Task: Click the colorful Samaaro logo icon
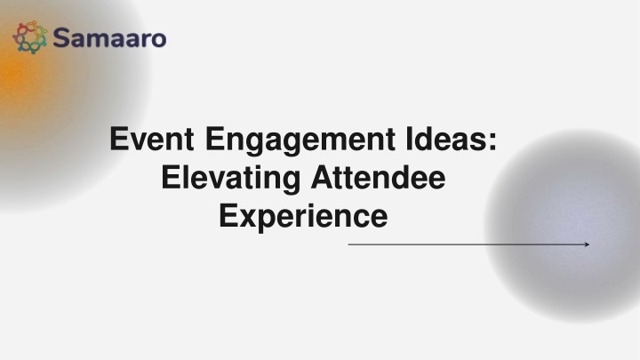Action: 30,37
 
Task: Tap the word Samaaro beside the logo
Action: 109,38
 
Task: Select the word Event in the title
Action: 151,139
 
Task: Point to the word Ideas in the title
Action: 446,139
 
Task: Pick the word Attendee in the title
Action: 379,177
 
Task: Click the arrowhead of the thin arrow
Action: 587,244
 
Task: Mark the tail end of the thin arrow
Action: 348,244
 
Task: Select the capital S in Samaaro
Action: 61,38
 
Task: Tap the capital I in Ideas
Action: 409,139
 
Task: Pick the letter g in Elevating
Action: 291,182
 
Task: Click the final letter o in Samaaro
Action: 158,40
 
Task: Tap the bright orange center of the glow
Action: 10,74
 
